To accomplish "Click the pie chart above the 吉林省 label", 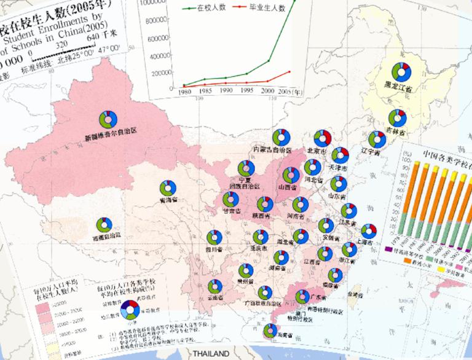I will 397,117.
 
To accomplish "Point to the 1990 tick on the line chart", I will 226,90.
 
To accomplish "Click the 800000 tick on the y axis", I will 159,20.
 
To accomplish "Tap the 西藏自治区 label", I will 106,235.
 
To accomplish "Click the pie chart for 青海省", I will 168,188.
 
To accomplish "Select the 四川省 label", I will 213,249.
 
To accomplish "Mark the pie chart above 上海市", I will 368,232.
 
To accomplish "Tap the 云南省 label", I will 215,297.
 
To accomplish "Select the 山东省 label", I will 337,197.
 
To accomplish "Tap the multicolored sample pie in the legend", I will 129,309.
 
